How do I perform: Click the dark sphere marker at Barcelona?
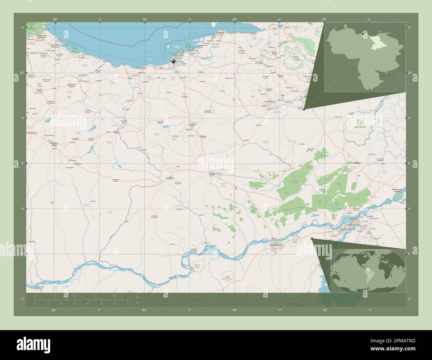pos(173,61)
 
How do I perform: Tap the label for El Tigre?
pos(212,174)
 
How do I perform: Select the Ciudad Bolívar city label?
pos(275,245)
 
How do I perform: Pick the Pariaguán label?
pos(170,178)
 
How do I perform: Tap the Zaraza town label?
pos(116,132)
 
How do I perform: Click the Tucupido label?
pos(75,138)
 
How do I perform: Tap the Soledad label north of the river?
pos(273,238)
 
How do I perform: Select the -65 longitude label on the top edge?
pos(145,19)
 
